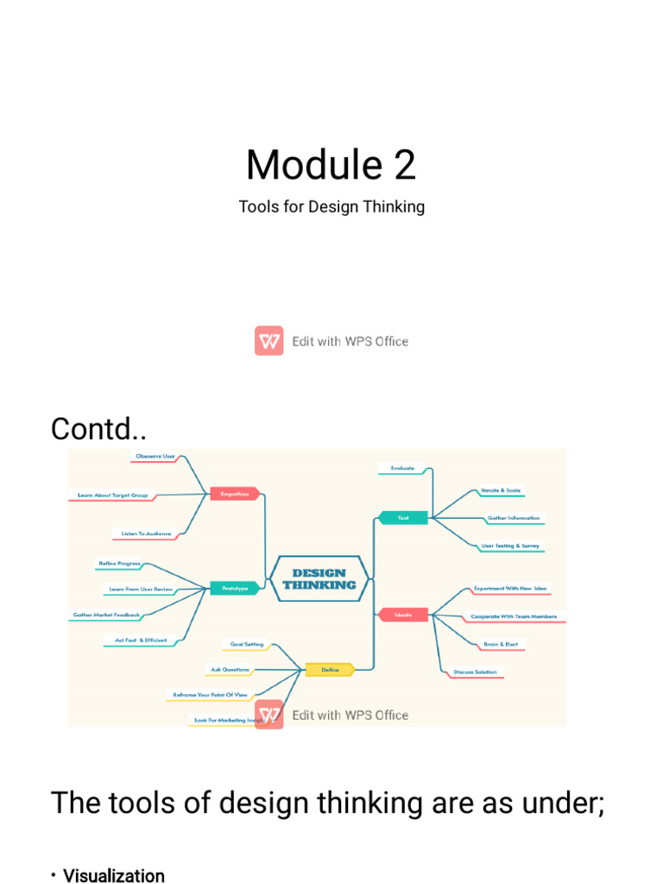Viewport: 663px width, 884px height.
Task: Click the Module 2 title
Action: tap(331, 164)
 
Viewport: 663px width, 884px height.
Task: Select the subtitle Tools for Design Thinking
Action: tap(331, 207)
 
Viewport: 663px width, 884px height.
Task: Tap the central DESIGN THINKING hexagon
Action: tap(319, 578)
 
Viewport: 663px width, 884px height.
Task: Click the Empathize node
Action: tap(235, 494)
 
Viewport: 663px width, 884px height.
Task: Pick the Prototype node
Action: tap(235, 588)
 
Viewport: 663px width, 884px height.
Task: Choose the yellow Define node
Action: tap(330, 669)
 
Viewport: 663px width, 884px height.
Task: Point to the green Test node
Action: tap(402, 518)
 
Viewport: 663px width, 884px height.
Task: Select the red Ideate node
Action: tap(402, 615)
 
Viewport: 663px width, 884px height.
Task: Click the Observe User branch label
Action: tap(155, 455)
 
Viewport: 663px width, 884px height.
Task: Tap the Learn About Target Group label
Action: tap(112, 496)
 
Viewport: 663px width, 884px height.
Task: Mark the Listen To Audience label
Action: tap(146, 534)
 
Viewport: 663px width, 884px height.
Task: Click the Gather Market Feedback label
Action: tap(106, 615)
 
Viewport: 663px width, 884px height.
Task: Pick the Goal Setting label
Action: tap(247, 644)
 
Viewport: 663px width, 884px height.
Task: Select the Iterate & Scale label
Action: tap(501, 490)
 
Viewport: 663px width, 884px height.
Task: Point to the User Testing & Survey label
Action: tap(510, 546)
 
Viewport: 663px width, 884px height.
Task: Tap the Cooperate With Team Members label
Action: tap(513, 616)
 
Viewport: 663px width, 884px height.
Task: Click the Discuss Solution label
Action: tap(475, 672)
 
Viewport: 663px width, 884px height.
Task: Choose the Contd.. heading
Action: tap(98, 429)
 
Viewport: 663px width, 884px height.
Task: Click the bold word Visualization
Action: tap(114, 875)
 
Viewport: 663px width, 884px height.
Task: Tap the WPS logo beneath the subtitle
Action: tap(269, 341)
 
